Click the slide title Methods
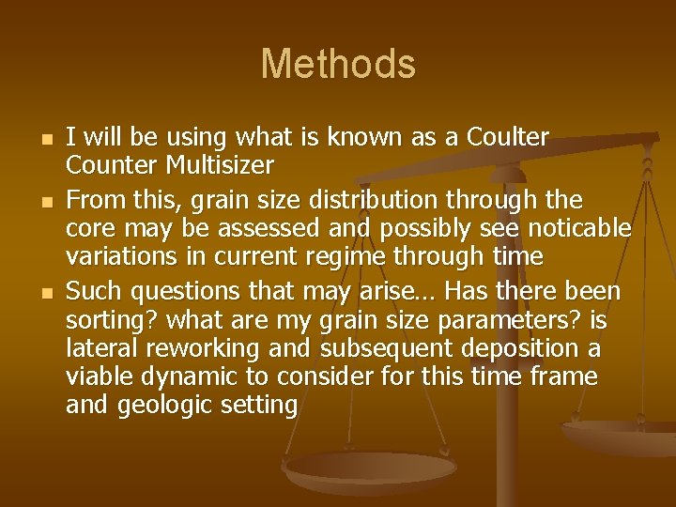tap(338, 64)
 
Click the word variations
tap(115, 256)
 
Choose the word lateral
tap(98, 348)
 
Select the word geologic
tap(162, 406)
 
